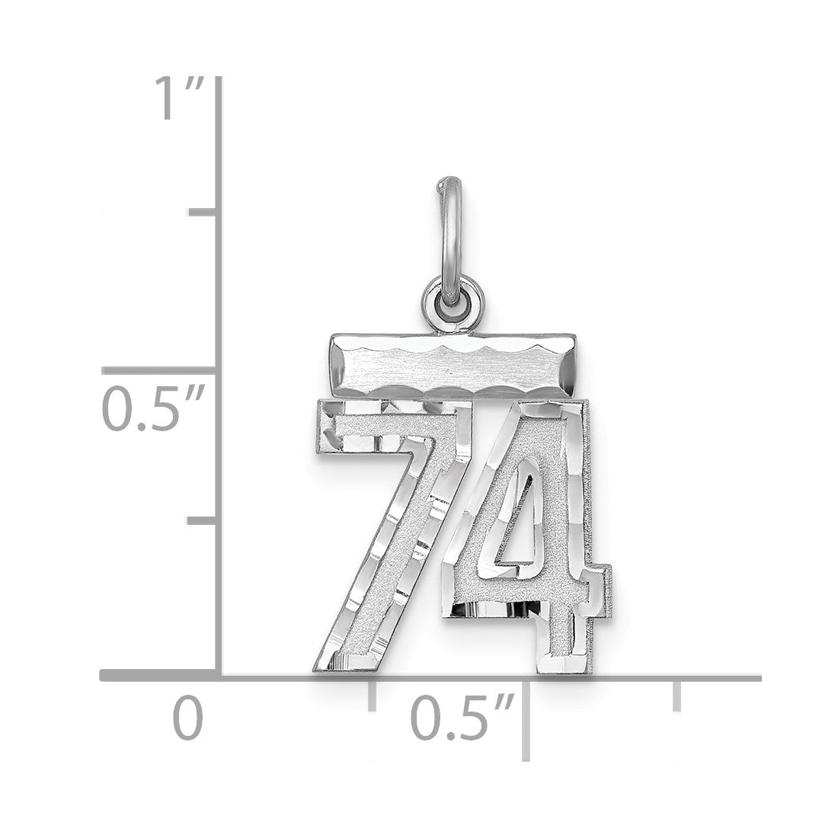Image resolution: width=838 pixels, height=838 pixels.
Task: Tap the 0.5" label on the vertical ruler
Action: (153, 410)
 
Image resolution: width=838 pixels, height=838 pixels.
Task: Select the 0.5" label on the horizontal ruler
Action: (462, 717)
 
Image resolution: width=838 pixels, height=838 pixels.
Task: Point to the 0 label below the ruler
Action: (187, 717)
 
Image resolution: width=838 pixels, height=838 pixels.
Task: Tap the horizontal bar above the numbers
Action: (453, 366)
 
